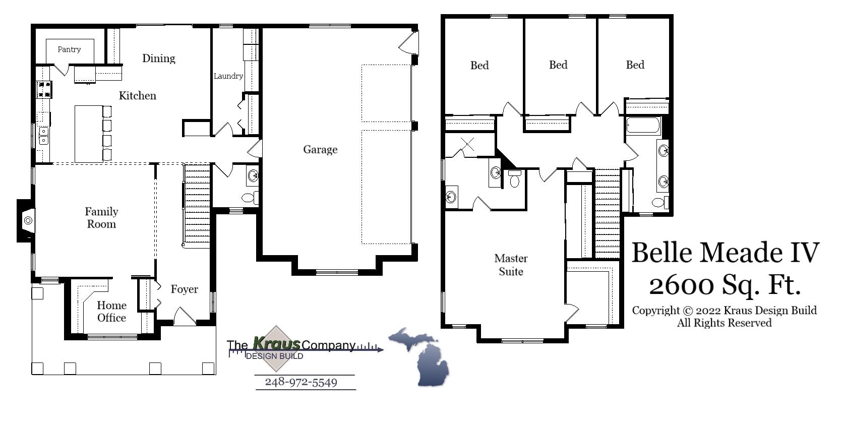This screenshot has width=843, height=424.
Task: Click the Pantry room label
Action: click(x=69, y=49)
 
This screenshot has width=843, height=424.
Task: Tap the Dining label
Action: click(x=158, y=58)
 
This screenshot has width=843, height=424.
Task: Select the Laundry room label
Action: click(x=228, y=76)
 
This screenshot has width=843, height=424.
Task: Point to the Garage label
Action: click(x=320, y=150)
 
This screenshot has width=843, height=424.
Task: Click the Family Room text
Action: click(x=101, y=218)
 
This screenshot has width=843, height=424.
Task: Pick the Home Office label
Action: click(x=111, y=312)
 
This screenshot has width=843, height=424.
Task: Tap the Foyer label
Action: click(x=184, y=289)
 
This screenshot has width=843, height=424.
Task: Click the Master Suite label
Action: click(x=511, y=265)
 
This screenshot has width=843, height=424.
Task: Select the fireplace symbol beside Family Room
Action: click(x=28, y=220)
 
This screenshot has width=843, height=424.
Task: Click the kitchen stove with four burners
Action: click(x=44, y=89)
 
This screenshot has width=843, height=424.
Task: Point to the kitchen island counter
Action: click(x=89, y=134)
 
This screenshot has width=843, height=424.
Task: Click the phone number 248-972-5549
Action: click(x=301, y=382)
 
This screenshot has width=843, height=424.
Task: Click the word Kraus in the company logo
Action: click(x=276, y=344)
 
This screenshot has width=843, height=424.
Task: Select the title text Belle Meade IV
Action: click(x=725, y=252)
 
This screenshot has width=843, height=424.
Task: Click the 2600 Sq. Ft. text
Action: click(x=725, y=285)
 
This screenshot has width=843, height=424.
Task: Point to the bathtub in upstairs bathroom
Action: click(x=643, y=125)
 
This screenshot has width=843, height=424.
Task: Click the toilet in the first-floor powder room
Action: click(x=249, y=197)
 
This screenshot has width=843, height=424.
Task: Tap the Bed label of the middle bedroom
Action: click(x=558, y=65)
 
